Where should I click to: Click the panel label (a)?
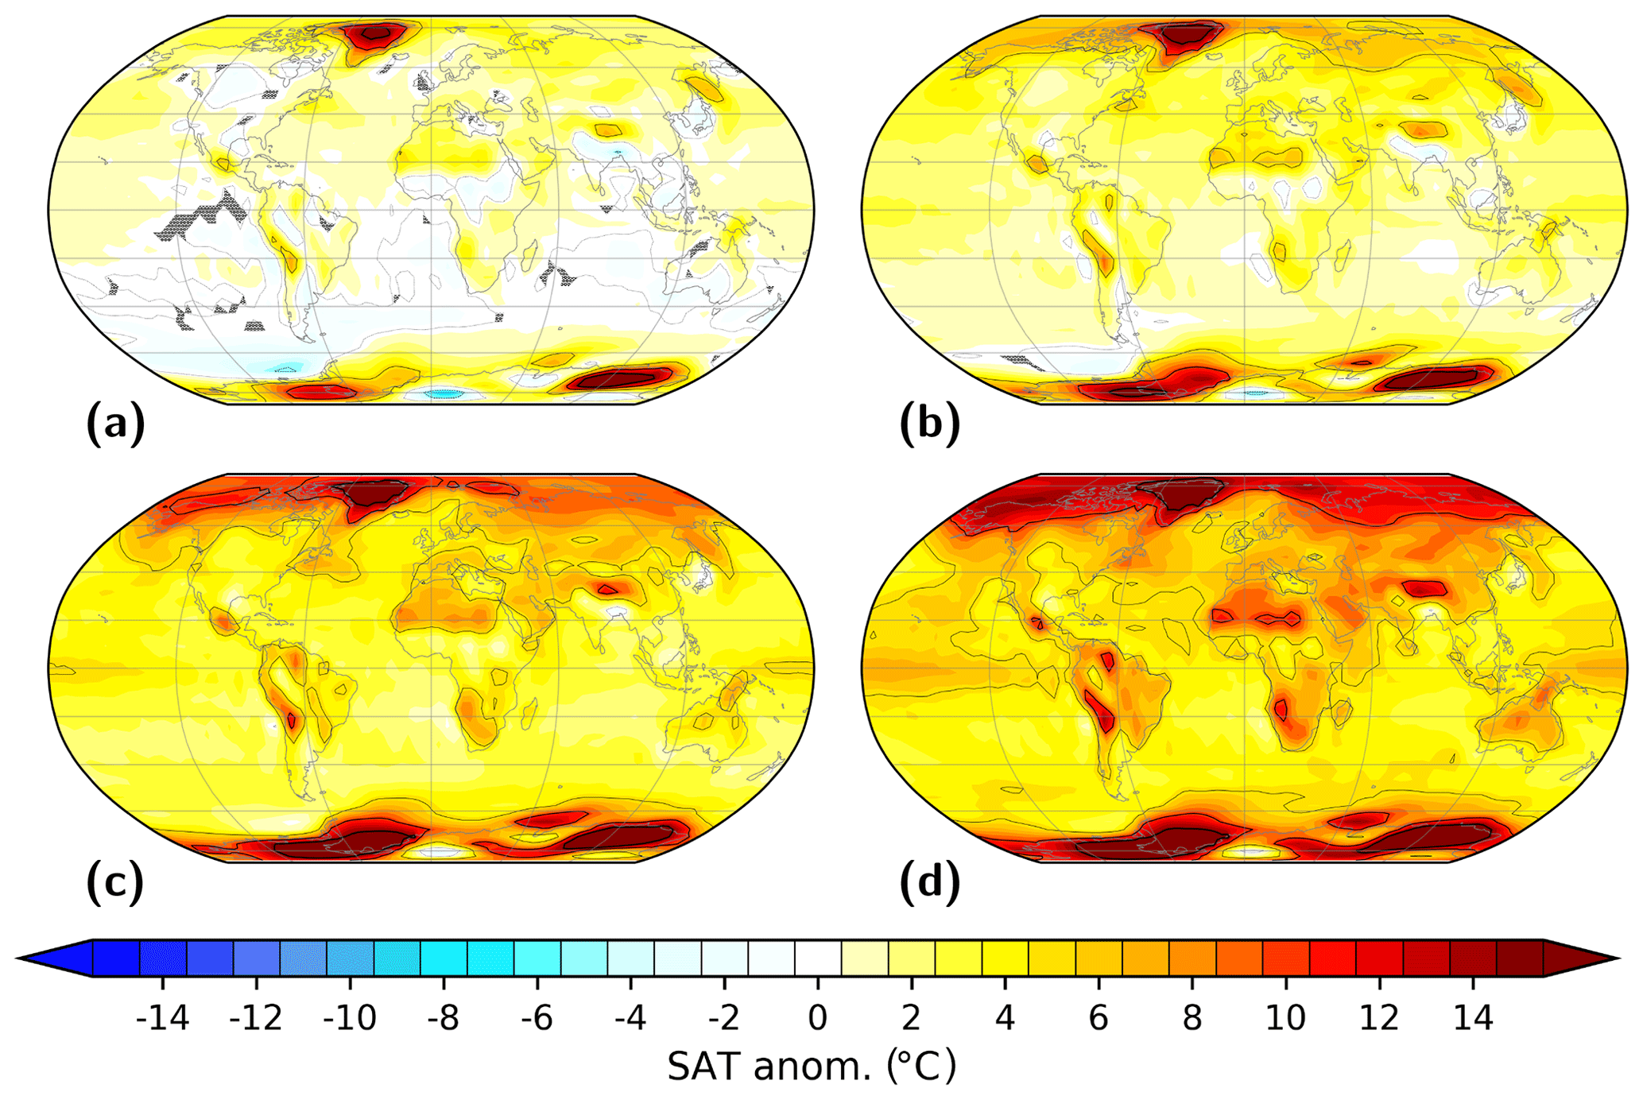pyautogui.click(x=116, y=423)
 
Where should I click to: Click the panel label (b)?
pyautogui.click(x=929, y=423)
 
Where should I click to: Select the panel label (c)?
pyautogui.click(x=116, y=881)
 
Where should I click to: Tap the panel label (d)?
pyautogui.click(x=929, y=881)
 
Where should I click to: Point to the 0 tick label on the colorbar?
pyautogui.click(x=818, y=1017)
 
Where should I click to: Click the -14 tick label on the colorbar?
pyautogui.click(x=162, y=1017)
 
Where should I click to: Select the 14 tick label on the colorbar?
pyautogui.click(x=1473, y=1017)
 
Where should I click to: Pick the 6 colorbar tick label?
pyautogui.click(x=1099, y=1017)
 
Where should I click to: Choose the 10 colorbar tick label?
pyautogui.click(x=1285, y=1017)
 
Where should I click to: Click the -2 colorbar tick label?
pyautogui.click(x=724, y=1017)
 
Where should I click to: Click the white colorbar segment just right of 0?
pyautogui.click(x=818, y=959)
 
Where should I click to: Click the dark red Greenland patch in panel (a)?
pyautogui.click(x=374, y=36)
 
